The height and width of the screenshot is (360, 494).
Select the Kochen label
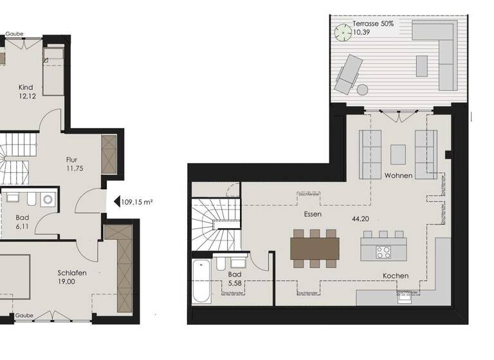point(396,276)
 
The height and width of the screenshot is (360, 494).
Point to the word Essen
point(313,213)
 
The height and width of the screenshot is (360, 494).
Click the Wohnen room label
point(398,175)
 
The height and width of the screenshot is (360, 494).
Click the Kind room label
point(26,87)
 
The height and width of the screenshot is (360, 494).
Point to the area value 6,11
point(23,227)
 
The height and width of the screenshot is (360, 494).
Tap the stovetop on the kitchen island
point(383,251)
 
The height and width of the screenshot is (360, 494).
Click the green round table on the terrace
point(341,30)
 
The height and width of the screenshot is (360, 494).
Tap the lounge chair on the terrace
point(349,72)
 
